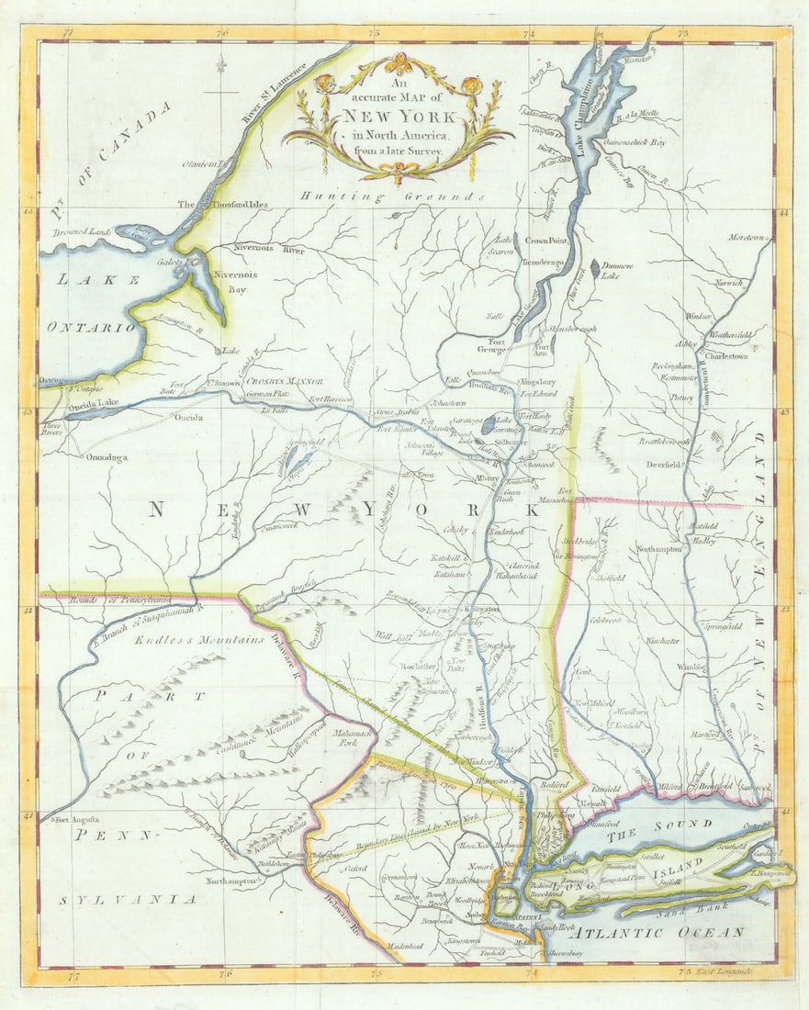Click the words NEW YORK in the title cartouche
coord(398,118)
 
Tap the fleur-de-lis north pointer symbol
coord(221,65)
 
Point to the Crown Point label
coord(548,241)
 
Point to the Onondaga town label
coord(107,456)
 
